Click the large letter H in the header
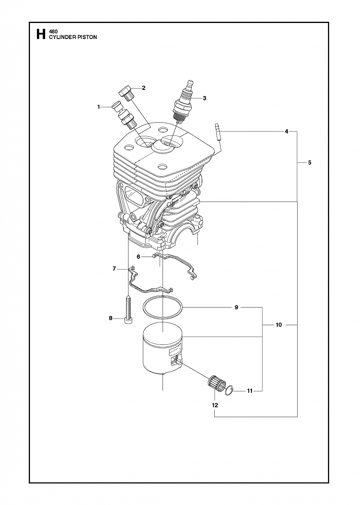(x=41, y=34)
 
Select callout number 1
(x=99, y=107)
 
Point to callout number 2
(x=144, y=88)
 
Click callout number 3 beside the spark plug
(x=204, y=98)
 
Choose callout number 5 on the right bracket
(x=310, y=162)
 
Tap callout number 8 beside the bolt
(x=110, y=318)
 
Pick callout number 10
(x=279, y=325)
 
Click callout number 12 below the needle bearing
(x=215, y=405)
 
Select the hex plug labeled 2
(x=127, y=93)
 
